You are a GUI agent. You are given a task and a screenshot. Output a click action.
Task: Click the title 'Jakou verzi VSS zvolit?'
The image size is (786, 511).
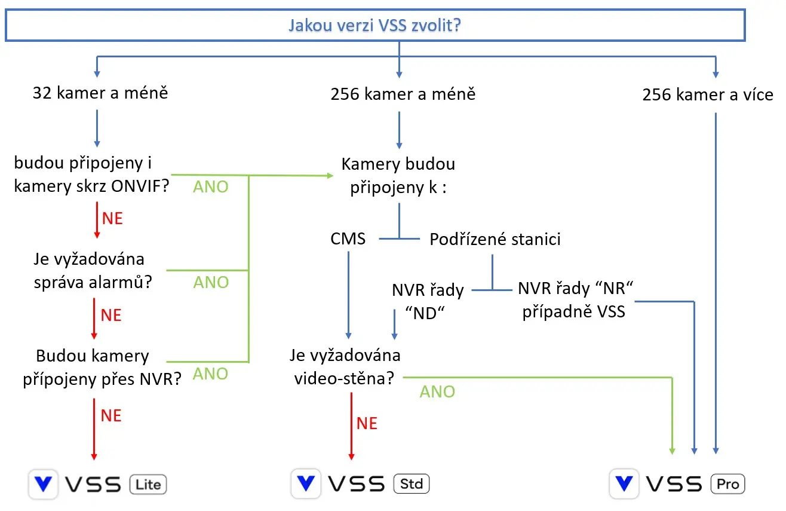pyautogui.click(x=374, y=26)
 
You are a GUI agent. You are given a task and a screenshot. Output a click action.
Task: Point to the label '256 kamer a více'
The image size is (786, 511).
pyautogui.click(x=708, y=94)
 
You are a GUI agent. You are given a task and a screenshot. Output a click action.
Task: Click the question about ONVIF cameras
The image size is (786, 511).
pyautogui.click(x=91, y=175)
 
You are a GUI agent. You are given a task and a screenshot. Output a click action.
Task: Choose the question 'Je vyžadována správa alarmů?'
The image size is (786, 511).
pyautogui.click(x=93, y=270)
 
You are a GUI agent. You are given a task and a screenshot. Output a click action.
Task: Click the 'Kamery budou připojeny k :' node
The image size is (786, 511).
pyautogui.click(x=398, y=176)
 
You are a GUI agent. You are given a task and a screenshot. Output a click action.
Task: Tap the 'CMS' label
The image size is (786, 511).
pyautogui.click(x=348, y=239)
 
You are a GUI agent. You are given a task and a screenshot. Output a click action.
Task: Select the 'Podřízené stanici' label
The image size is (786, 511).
pyautogui.click(x=495, y=240)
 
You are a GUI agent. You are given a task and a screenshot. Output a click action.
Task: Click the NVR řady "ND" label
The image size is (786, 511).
pyautogui.click(x=428, y=301)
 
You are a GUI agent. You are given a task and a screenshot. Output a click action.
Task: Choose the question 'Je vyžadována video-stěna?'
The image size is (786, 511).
pyautogui.click(x=345, y=366)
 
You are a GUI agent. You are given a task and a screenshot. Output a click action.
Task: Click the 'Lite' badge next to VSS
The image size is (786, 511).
pyautogui.click(x=148, y=484)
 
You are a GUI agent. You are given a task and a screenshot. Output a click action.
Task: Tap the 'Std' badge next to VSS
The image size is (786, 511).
pyautogui.click(x=412, y=483)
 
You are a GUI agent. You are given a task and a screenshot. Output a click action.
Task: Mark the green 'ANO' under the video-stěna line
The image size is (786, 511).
pyautogui.click(x=437, y=391)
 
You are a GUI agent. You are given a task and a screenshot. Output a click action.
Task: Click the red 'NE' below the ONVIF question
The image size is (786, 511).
pyautogui.click(x=112, y=218)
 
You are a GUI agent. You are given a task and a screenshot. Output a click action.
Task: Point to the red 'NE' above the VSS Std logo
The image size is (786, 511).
pyautogui.click(x=367, y=423)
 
